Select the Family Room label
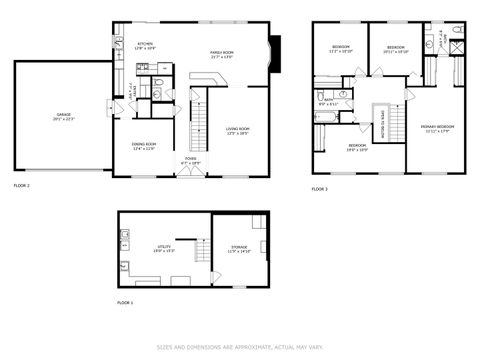click(221, 55)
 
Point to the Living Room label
click(237, 131)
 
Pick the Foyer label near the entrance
click(191, 159)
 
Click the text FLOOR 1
click(125, 302)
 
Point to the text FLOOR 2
click(22, 186)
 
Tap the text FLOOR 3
click(319, 188)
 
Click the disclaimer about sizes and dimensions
click(240, 348)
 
